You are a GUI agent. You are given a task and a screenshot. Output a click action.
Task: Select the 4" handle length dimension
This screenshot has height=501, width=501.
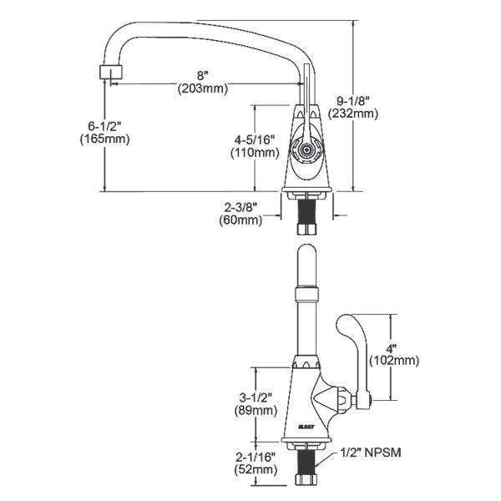(x=393, y=348)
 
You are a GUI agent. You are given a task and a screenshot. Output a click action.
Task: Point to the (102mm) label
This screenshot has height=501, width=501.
(x=393, y=361)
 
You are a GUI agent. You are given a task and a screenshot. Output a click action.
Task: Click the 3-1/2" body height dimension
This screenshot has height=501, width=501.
(x=255, y=398)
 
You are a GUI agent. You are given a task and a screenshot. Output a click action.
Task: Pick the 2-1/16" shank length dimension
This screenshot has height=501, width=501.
(x=255, y=457)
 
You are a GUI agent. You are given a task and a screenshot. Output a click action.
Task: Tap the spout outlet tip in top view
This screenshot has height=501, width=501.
(x=106, y=72)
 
